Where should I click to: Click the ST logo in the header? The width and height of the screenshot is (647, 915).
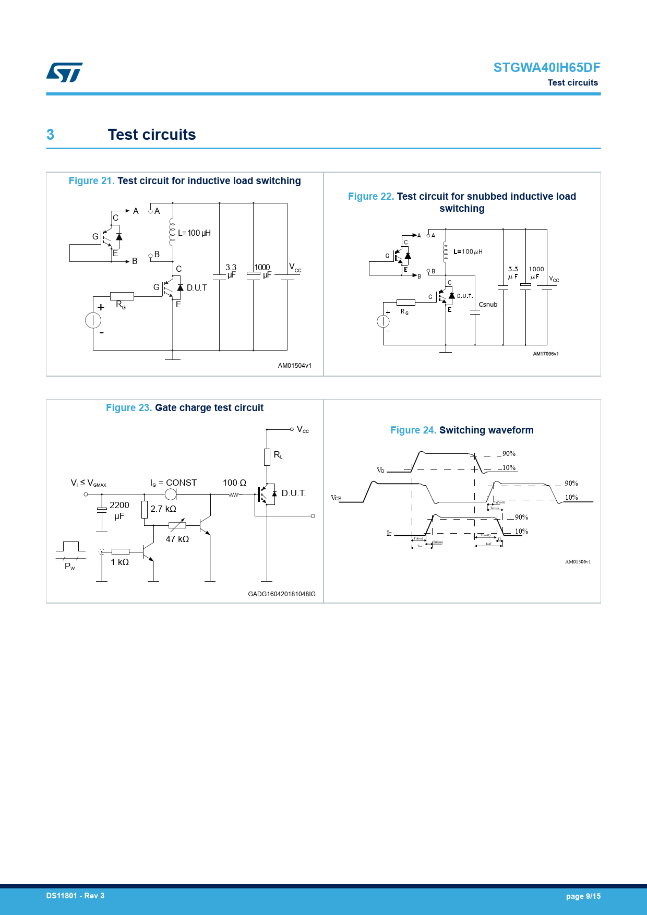pos(65,73)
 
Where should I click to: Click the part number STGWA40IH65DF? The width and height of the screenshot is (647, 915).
pos(546,68)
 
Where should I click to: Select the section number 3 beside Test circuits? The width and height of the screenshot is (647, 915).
pos(50,135)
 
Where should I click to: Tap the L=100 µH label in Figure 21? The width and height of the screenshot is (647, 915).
pos(194,233)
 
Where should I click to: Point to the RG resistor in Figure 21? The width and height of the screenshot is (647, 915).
pos(122,296)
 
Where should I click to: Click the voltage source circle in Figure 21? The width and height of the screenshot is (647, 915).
pos(93,320)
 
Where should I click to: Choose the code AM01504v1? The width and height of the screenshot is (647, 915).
pos(294,366)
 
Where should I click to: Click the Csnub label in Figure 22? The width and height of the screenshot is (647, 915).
pos(488,305)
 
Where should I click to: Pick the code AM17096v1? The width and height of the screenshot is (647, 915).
pos(545,354)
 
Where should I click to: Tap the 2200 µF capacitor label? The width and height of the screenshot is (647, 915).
pos(119,510)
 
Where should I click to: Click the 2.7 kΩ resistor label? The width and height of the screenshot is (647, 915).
pos(163,509)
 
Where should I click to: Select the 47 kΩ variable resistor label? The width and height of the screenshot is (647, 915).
pos(177,539)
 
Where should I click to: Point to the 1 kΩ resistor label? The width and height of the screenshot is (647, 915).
pos(119,562)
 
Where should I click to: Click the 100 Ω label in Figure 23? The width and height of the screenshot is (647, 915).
pos(234,483)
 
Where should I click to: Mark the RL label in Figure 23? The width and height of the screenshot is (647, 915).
pos(278,455)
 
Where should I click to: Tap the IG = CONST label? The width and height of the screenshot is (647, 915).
pos(173,483)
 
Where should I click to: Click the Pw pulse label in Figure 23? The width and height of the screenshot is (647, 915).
pos(69,567)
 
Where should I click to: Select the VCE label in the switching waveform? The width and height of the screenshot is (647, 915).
pos(336,498)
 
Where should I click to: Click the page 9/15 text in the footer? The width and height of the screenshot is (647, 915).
pos(583,896)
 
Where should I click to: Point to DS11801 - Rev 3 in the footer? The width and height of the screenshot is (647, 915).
pos(75,896)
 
